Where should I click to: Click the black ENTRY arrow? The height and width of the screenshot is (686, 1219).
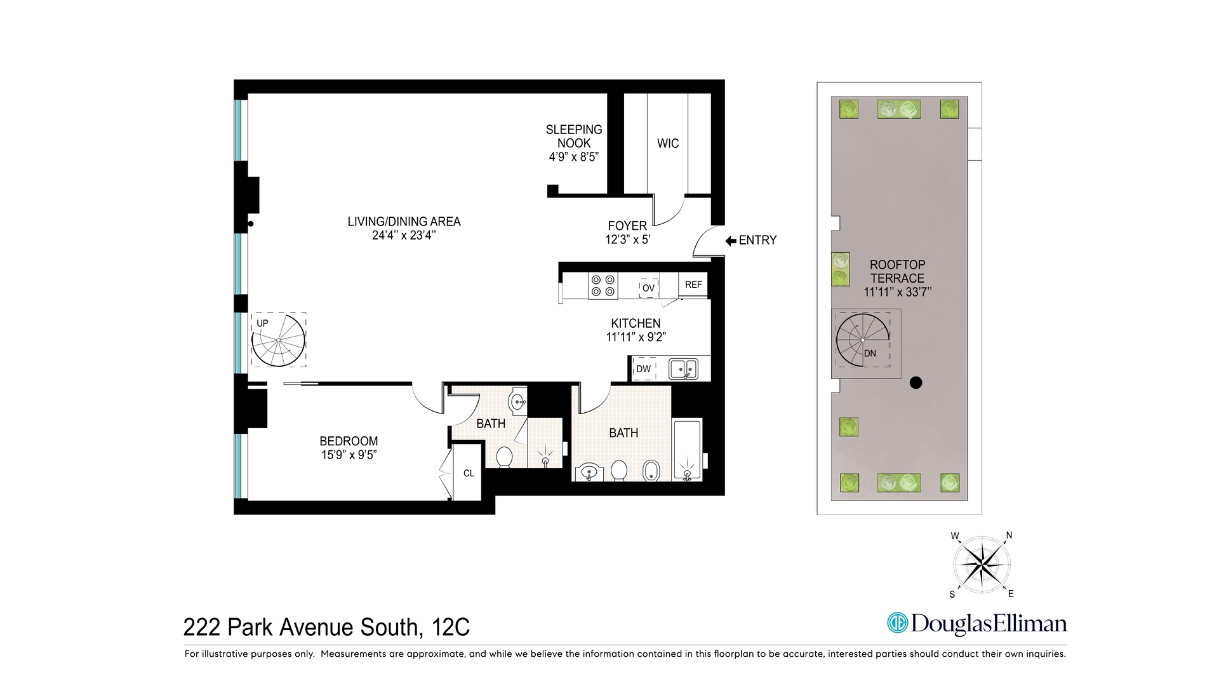click(x=730, y=241)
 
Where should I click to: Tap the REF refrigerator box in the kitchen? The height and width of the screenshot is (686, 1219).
click(x=693, y=285)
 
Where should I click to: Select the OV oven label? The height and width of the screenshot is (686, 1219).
click(x=648, y=288)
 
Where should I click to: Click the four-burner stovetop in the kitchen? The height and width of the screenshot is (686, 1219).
click(x=603, y=285)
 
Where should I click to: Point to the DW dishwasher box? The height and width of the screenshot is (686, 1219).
click(x=644, y=368)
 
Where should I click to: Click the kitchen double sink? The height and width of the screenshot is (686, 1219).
click(x=684, y=368)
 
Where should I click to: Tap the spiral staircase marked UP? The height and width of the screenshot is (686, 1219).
click(x=278, y=340)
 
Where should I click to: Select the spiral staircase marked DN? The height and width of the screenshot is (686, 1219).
click(x=863, y=340)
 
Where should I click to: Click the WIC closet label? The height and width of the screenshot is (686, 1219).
click(x=667, y=144)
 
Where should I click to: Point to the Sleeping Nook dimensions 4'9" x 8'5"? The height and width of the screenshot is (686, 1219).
click(x=573, y=157)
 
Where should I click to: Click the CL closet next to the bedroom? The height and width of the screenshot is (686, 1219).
click(x=469, y=473)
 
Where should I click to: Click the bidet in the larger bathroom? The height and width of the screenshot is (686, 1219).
click(x=651, y=471)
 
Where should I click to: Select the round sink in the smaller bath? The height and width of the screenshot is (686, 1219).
click(x=518, y=401)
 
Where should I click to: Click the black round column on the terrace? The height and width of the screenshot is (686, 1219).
click(x=916, y=383)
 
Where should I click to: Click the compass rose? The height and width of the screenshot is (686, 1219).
click(x=982, y=564)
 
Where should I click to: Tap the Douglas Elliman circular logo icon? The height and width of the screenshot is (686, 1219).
click(x=897, y=623)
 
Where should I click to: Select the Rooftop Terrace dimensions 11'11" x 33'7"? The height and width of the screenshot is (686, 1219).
click(x=897, y=292)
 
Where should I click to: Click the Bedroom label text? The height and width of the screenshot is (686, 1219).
click(x=349, y=441)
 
